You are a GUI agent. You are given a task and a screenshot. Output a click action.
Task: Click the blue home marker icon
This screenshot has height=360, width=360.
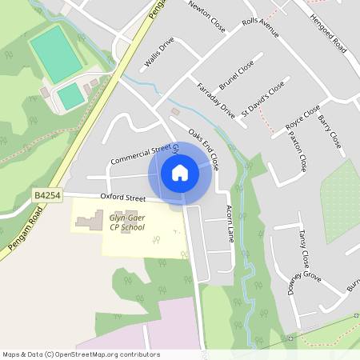[180, 172]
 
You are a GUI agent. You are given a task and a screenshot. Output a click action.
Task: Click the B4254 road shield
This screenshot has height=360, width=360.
[47, 194]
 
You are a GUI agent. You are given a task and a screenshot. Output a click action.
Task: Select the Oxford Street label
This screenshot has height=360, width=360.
[122, 197]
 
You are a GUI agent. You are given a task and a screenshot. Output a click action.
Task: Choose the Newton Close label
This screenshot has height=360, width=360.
[206, 17]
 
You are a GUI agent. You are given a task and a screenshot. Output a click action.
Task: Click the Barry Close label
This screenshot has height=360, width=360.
[330, 131]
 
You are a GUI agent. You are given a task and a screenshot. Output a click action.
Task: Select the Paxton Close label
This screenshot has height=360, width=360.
[298, 153]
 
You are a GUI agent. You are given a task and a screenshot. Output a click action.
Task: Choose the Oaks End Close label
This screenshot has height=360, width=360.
[205, 148]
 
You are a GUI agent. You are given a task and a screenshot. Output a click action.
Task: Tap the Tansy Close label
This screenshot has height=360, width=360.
[303, 248]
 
